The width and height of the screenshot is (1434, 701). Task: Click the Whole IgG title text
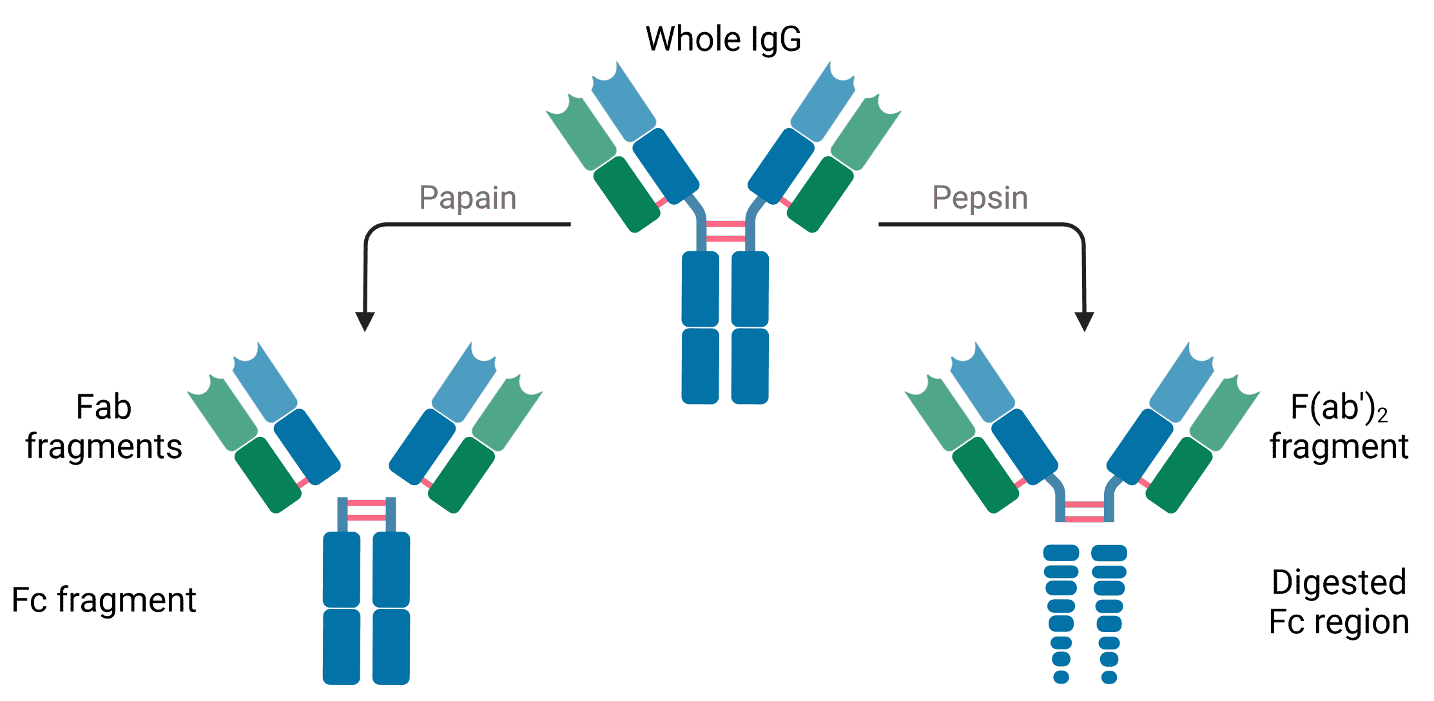[x=723, y=39]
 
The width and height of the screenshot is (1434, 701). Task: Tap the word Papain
[x=467, y=198]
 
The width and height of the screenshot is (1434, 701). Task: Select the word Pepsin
[x=980, y=198]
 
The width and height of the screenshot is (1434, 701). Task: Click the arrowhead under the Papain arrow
[x=365, y=321]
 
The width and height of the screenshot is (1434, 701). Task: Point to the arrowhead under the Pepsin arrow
[x=1084, y=321]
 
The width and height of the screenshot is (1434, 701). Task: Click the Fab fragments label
[x=104, y=427]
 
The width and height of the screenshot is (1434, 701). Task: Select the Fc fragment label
[x=104, y=600]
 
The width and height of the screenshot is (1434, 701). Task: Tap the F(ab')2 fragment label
[x=1339, y=427]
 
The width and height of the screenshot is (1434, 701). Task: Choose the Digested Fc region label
[x=1339, y=602]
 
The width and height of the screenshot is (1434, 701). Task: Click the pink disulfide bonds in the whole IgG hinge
[x=726, y=232]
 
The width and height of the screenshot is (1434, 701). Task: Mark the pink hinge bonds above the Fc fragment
[x=367, y=510]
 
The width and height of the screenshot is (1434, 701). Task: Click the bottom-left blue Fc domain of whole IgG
[x=701, y=366]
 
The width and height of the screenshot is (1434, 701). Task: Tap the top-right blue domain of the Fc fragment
[x=391, y=569]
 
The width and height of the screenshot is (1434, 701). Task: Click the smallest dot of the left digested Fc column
[x=1061, y=677]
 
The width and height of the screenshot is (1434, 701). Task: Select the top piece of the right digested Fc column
[x=1109, y=553]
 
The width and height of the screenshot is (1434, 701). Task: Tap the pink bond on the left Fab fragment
[x=303, y=482]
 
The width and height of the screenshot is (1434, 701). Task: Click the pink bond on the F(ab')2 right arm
[x=1145, y=483]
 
